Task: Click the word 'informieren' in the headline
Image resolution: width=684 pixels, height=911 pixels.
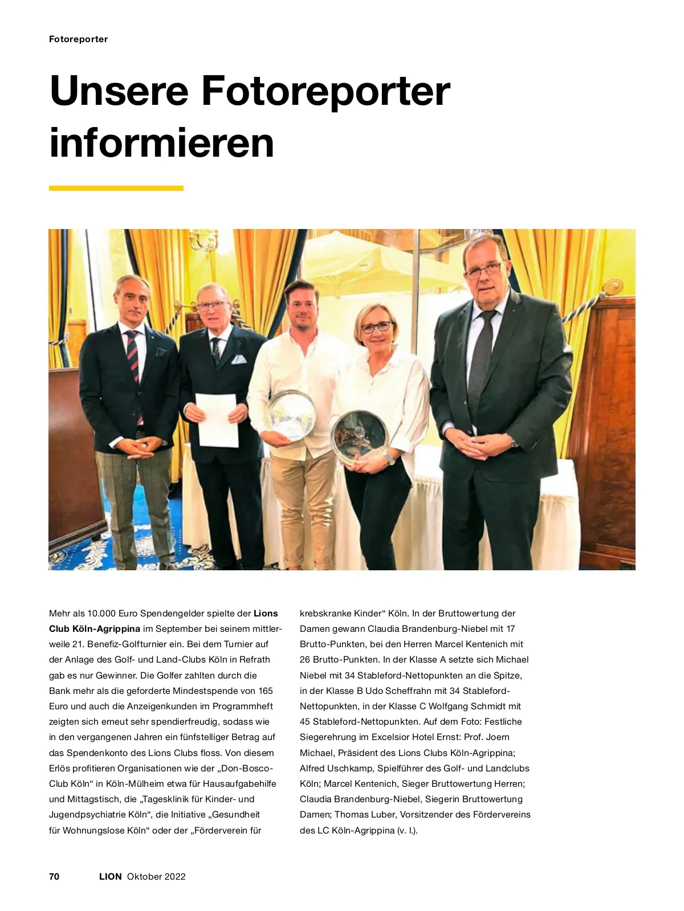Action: click(162, 142)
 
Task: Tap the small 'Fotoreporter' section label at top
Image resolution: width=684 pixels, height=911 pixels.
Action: click(78, 39)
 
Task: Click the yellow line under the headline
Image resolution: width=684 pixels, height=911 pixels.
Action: click(116, 188)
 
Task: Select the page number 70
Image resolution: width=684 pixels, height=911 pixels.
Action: click(54, 876)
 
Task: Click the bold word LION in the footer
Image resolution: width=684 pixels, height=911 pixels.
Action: click(110, 876)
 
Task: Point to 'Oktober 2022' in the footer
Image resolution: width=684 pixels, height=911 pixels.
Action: click(156, 876)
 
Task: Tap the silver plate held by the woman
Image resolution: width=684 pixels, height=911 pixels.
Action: click(359, 435)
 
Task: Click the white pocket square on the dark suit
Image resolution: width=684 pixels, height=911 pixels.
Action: click(239, 360)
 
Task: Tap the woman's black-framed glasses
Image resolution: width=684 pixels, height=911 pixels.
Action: click(376, 327)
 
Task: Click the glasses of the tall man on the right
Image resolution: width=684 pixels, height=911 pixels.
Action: click(483, 270)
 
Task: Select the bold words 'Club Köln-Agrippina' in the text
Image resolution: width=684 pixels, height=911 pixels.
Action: click(95, 629)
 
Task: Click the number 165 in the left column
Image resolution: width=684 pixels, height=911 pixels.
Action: click(266, 691)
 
